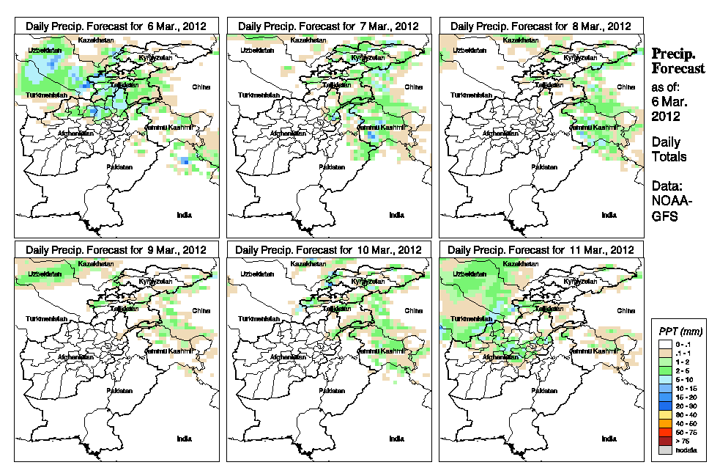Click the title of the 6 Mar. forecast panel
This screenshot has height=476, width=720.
tap(116, 26)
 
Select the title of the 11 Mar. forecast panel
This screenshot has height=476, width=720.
tap(540, 250)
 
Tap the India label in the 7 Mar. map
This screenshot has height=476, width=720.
tap(396, 215)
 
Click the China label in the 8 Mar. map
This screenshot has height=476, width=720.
tap(626, 87)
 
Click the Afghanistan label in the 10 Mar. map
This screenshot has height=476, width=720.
tap(286, 357)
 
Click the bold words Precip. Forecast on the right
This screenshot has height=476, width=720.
tap(678, 62)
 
